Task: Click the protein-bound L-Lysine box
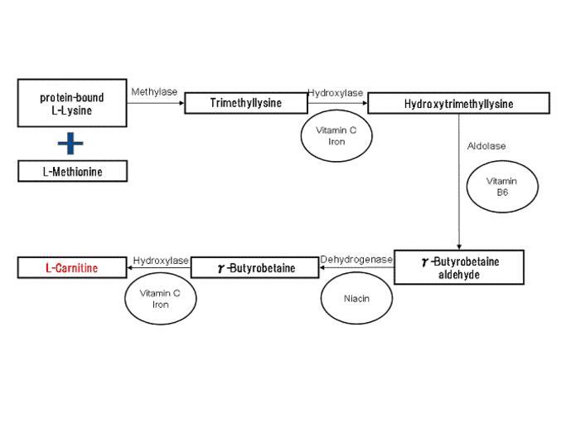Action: click(72, 103)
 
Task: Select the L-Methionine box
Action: click(73, 171)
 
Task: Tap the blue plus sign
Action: click(70, 144)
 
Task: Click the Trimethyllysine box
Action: click(246, 103)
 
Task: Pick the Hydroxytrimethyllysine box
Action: click(459, 104)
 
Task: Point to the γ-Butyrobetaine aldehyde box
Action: click(459, 267)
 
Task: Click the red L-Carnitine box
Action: click(72, 267)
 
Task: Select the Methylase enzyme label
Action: click(154, 92)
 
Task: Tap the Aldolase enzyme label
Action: click(486, 146)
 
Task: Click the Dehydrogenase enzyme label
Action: click(356, 259)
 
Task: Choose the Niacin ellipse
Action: click(356, 298)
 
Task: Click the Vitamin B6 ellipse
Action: click(502, 187)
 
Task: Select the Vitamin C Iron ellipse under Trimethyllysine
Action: click(336, 135)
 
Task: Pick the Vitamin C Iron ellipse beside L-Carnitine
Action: click(161, 299)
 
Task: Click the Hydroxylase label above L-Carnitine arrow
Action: click(161, 261)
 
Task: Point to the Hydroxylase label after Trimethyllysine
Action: click(336, 93)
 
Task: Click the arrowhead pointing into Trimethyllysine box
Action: click(181, 103)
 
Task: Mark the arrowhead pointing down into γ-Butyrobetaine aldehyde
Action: click(459, 247)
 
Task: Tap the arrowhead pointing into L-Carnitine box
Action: click(130, 267)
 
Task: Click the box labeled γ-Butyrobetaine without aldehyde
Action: click(255, 267)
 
